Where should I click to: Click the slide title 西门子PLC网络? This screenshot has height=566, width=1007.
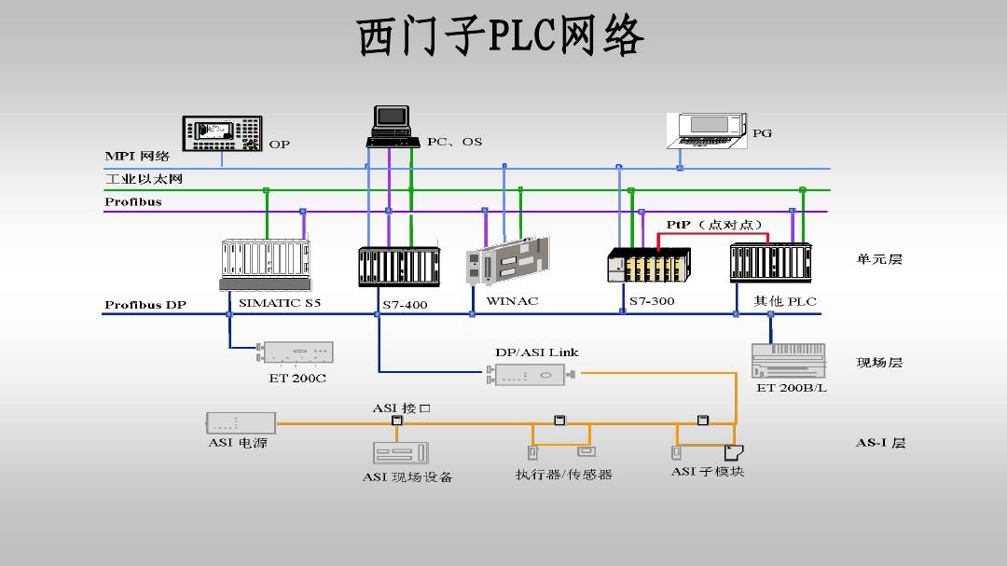pyautogui.click(x=502, y=38)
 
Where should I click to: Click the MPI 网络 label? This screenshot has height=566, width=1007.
pyautogui.click(x=137, y=157)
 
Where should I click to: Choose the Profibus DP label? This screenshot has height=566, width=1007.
pyautogui.click(x=145, y=305)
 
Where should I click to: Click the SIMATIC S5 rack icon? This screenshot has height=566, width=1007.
pyautogui.click(x=265, y=264)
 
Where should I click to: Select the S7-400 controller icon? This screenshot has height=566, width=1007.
pyautogui.click(x=397, y=267)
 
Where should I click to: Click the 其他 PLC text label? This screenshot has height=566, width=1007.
pyautogui.click(x=785, y=301)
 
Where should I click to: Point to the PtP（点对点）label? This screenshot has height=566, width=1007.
pyautogui.click(x=715, y=225)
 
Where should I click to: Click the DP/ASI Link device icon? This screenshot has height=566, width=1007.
pyautogui.click(x=529, y=375)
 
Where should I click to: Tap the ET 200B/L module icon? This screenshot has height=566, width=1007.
pyautogui.click(x=788, y=360)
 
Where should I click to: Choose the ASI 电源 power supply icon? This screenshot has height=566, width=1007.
pyautogui.click(x=240, y=422)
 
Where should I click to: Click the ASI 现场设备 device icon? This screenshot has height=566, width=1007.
pyautogui.click(x=400, y=453)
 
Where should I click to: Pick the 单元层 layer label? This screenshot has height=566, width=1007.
pyautogui.click(x=879, y=259)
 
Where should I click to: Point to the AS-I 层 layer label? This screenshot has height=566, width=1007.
pyautogui.click(x=880, y=443)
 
